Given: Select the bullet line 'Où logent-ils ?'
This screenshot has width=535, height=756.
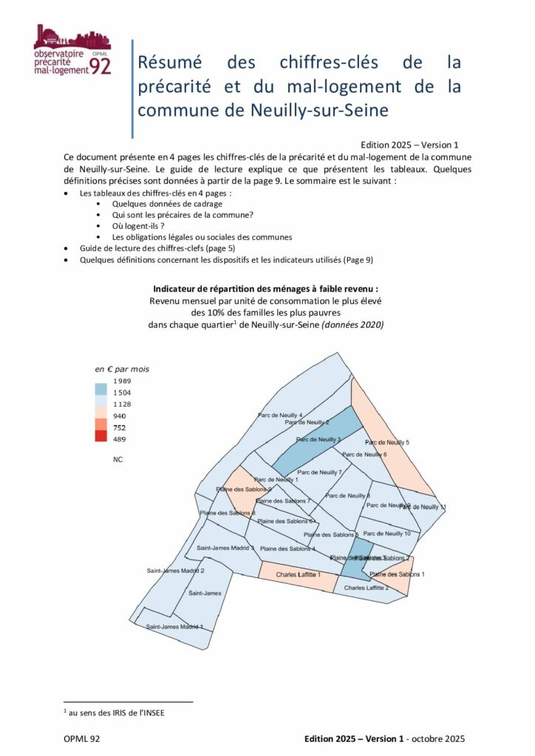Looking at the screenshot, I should [140, 226].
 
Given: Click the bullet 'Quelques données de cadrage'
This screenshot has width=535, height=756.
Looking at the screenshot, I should [167, 203].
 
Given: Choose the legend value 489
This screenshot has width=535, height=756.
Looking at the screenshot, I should [119, 439].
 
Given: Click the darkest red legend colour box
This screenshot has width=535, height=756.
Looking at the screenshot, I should [100, 436].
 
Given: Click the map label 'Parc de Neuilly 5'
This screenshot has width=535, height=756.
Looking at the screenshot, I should [387, 441].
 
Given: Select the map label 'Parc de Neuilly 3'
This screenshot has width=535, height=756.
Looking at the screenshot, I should [318, 440].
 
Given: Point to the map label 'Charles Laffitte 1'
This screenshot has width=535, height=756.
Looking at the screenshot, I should [299, 574].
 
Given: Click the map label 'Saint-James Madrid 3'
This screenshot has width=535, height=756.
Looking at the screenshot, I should [225, 548].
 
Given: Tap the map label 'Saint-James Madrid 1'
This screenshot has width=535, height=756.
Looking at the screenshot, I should [174, 627].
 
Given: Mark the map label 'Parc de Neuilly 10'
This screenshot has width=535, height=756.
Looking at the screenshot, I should [387, 533].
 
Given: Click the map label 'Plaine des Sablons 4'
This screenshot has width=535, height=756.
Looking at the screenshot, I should [288, 549].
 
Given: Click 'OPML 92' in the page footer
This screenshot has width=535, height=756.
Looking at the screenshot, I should [81, 739].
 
